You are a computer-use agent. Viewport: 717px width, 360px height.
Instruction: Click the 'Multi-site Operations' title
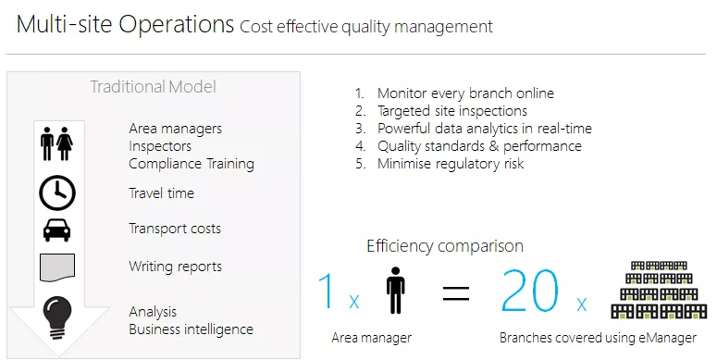tap(125, 25)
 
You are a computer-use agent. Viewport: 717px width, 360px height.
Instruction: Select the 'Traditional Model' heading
tap(153, 87)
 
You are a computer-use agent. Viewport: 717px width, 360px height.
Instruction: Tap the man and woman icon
tap(56, 144)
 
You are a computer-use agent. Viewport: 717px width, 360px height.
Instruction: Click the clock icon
tap(57, 192)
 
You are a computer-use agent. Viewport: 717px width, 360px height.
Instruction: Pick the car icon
tap(57, 230)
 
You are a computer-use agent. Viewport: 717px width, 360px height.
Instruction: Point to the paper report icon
tap(57, 267)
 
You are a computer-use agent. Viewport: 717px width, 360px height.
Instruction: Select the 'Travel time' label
tap(161, 193)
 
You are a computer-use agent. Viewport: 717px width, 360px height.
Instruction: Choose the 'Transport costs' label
tap(175, 229)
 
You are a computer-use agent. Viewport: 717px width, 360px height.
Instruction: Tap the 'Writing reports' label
tap(175, 267)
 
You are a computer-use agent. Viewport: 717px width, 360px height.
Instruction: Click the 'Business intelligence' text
tap(191, 329)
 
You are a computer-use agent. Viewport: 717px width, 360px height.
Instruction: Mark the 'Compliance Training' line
tap(191, 164)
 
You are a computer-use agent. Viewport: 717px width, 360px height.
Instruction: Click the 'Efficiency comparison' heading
tap(445, 246)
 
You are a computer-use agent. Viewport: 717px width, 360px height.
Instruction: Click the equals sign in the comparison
tap(455, 294)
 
